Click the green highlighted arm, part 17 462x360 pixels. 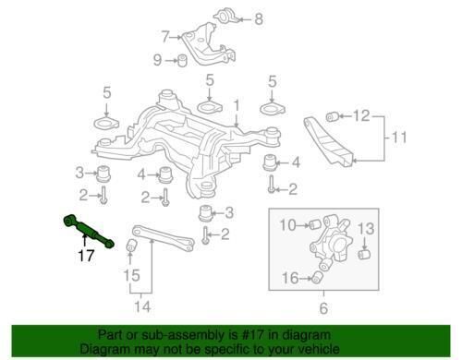(89, 230)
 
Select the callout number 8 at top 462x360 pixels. (258, 18)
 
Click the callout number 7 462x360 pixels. (165, 38)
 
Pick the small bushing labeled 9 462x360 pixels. (183, 62)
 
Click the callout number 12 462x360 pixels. (361, 116)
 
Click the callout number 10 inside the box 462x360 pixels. (286, 224)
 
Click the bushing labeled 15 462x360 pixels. (132, 245)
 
